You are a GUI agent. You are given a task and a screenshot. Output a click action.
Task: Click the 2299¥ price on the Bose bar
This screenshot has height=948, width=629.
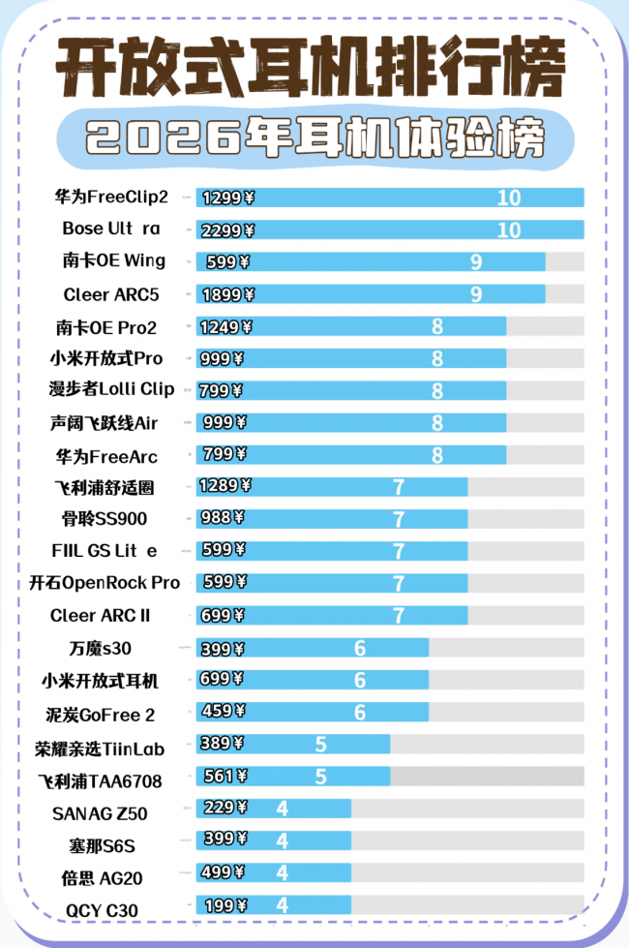pyautogui.click(x=228, y=230)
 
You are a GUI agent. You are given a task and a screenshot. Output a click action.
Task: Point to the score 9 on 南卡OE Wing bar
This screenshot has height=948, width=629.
pyautogui.click(x=476, y=261)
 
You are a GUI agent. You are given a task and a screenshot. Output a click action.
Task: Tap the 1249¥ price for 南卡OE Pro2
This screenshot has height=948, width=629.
pyautogui.click(x=225, y=327)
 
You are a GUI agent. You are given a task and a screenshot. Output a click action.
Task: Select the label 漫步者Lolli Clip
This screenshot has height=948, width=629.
pyautogui.click(x=111, y=389)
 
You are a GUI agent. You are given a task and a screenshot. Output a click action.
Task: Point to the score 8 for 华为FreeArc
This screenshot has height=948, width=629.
pyautogui.click(x=437, y=454)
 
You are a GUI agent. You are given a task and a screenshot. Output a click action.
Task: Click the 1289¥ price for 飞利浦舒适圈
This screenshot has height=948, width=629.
pyautogui.click(x=225, y=486)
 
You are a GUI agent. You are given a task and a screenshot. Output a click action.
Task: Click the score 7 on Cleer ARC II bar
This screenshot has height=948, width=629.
pyautogui.click(x=399, y=616)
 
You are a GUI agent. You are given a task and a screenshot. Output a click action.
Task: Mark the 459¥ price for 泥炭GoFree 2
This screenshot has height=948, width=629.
pyautogui.click(x=222, y=712)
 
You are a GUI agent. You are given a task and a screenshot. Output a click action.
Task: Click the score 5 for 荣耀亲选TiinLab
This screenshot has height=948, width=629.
pyautogui.click(x=321, y=744)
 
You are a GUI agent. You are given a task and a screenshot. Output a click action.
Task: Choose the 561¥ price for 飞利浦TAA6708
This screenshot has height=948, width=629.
pyautogui.click(x=222, y=776)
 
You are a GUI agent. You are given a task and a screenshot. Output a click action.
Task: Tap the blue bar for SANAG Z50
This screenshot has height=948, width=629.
pyautogui.click(x=273, y=809)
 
